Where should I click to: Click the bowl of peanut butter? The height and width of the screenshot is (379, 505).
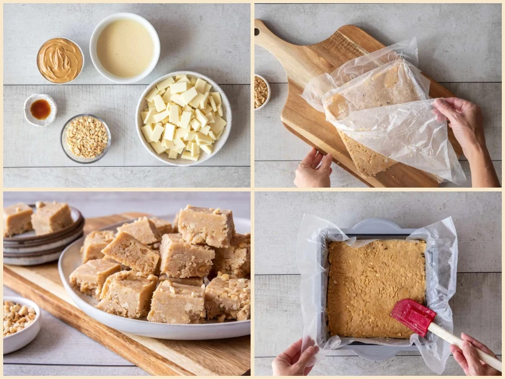click(x=60, y=60)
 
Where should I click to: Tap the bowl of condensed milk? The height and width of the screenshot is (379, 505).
click(x=124, y=48)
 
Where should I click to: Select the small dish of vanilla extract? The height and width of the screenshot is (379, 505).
click(x=40, y=109)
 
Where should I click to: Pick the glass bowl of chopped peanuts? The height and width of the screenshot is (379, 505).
click(x=86, y=137)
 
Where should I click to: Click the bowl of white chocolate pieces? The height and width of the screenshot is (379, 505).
click(x=183, y=118)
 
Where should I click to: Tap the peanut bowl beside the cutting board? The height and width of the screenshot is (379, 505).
click(x=261, y=92)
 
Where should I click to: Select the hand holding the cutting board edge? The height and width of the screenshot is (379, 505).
click(x=313, y=169)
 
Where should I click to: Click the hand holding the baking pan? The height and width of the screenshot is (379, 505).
click(x=295, y=358)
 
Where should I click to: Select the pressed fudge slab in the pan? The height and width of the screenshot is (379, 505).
click(x=376, y=287)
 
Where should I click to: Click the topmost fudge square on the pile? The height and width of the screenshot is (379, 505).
click(x=206, y=226)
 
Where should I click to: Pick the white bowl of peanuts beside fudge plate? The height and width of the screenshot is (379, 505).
click(x=19, y=322)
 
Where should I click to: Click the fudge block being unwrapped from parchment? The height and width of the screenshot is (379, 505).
click(x=372, y=120)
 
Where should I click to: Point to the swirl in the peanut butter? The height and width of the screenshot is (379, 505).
click(x=60, y=59)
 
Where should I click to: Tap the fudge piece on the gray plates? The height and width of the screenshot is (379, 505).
click(x=50, y=218)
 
